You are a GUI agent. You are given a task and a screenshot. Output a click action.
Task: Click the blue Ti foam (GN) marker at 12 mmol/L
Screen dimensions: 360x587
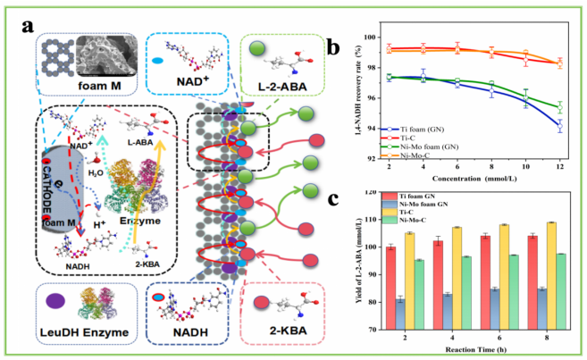coord(559,126)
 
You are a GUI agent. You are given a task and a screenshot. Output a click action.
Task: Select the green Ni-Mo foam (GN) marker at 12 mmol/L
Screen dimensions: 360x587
coord(559,107)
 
